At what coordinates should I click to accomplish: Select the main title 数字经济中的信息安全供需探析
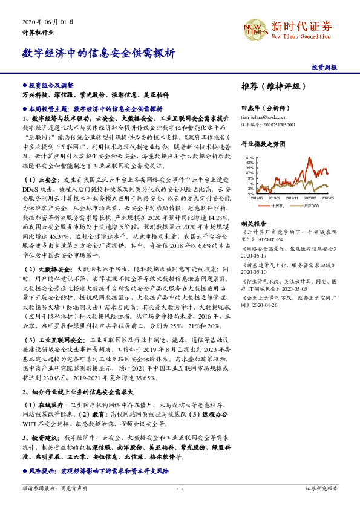(99, 53)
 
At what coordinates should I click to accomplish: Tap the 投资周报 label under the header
(324, 68)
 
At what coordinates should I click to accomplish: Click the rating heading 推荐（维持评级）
(270, 86)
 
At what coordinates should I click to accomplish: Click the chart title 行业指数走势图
(263, 144)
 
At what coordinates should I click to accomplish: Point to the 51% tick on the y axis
(250, 158)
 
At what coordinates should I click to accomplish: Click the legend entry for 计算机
(277, 206)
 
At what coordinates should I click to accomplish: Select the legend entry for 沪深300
(311, 206)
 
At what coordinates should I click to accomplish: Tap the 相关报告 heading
(254, 222)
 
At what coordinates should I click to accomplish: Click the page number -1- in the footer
(180, 487)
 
